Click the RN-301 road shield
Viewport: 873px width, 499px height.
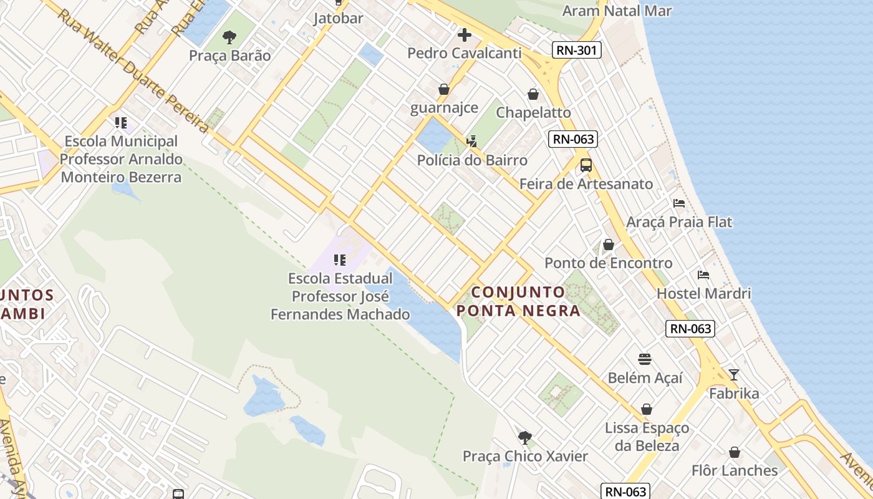pyautogui.click(x=576, y=50)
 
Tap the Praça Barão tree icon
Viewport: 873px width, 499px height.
pyautogui.click(x=229, y=37)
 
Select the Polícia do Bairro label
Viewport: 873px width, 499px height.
pyautogui.click(x=472, y=160)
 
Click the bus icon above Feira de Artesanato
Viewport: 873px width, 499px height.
pyautogui.click(x=586, y=165)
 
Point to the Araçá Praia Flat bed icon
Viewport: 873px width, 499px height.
pyautogui.click(x=679, y=203)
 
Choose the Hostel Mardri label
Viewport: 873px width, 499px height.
pyautogui.click(x=703, y=293)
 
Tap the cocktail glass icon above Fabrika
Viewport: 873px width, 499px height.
pyautogui.click(x=734, y=374)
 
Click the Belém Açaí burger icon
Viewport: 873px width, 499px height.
pyautogui.click(x=645, y=359)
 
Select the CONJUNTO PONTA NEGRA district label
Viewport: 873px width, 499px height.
pyautogui.click(x=518, y=301)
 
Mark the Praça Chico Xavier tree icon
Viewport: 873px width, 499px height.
pyautogui.click(x=525, y=437)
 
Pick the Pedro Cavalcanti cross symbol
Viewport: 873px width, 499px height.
pyautogui.click(x=465, y=35)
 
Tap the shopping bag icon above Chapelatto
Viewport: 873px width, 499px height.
pyautogui.click(x=533, y=94)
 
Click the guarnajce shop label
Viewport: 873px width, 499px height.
pyautogui.click(x=444, y=108)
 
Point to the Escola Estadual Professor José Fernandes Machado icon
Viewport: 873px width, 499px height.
pyautogui.click(x=340, y=260)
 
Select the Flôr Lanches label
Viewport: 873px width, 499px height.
pyautogui.click(x=735, y=470)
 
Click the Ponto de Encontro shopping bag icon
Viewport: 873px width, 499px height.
pyautogui.click(x=608, y=245)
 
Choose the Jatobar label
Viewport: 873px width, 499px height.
pyautogui.click(x=338, y=18)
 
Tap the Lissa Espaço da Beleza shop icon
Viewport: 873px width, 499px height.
pyautogui.click(x=647, y=409)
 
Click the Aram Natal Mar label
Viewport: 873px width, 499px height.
pyautogui.click(x=617, y=11)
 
